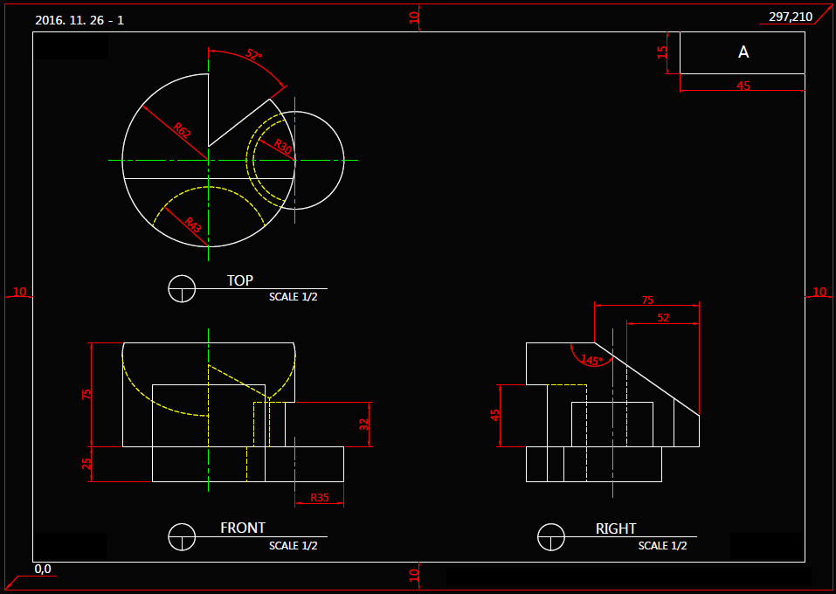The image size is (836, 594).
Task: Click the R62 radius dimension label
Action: point(182,131)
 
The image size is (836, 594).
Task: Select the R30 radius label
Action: point(282,146)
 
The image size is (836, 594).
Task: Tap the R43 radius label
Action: point(193,226)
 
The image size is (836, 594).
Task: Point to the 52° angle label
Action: point(253,55)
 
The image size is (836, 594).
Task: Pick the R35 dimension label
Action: point(319,498)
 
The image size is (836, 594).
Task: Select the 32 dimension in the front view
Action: point(364,425)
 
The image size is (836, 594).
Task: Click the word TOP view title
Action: point(240,280)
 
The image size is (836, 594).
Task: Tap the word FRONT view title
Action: point(243,528)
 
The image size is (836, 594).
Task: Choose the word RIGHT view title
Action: point(616,528)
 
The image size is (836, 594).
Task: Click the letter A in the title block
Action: point(743,52)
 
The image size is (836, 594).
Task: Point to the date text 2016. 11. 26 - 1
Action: point(79,19)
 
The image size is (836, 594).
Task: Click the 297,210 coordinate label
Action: point(790,17)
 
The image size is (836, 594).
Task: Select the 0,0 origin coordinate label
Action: point(43,570)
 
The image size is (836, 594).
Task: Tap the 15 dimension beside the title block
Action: point(663,52)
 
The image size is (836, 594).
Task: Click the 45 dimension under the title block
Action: point(743,86)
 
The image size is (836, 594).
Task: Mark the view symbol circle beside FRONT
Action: point(182,535)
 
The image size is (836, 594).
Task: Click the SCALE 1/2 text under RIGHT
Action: point(662,546)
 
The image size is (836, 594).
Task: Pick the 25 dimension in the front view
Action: point(86,464)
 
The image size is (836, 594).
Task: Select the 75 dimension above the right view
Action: point(647,300)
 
